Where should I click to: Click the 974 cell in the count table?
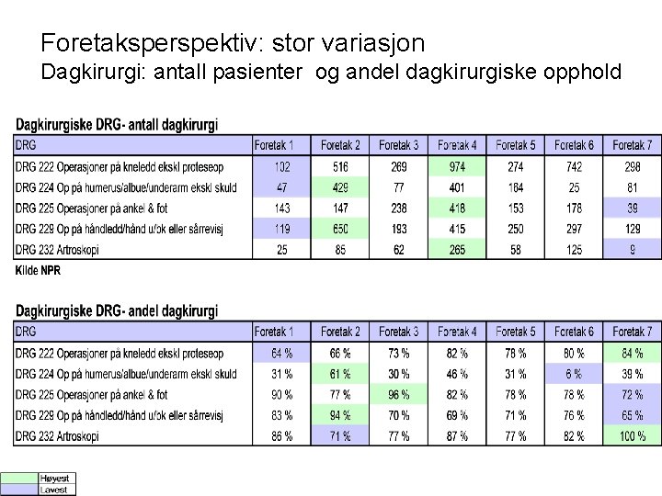click(x=457, y=167)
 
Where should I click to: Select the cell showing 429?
click(x=340, y=188)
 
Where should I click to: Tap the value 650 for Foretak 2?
click(x=340, y=228)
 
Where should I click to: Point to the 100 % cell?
click(x=632, y=436)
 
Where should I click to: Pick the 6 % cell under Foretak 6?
click(x=574, y=374)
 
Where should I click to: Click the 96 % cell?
click(x=399, y=395)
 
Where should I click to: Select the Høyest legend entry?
click(x=52, y=479)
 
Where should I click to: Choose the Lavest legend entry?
click(x=52, y=490)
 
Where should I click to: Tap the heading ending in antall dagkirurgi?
click(x=117, y=126)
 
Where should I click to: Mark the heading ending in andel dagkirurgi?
click(x=117, y=311)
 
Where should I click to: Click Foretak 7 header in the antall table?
click(x=632, y=145)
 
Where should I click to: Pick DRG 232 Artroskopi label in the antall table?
click(x=69, y=249)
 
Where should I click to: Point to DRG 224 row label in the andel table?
click(x=126, y=374)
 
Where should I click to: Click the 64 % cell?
click(x=281, y=353)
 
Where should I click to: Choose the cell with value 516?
click(x=340, y=167)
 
